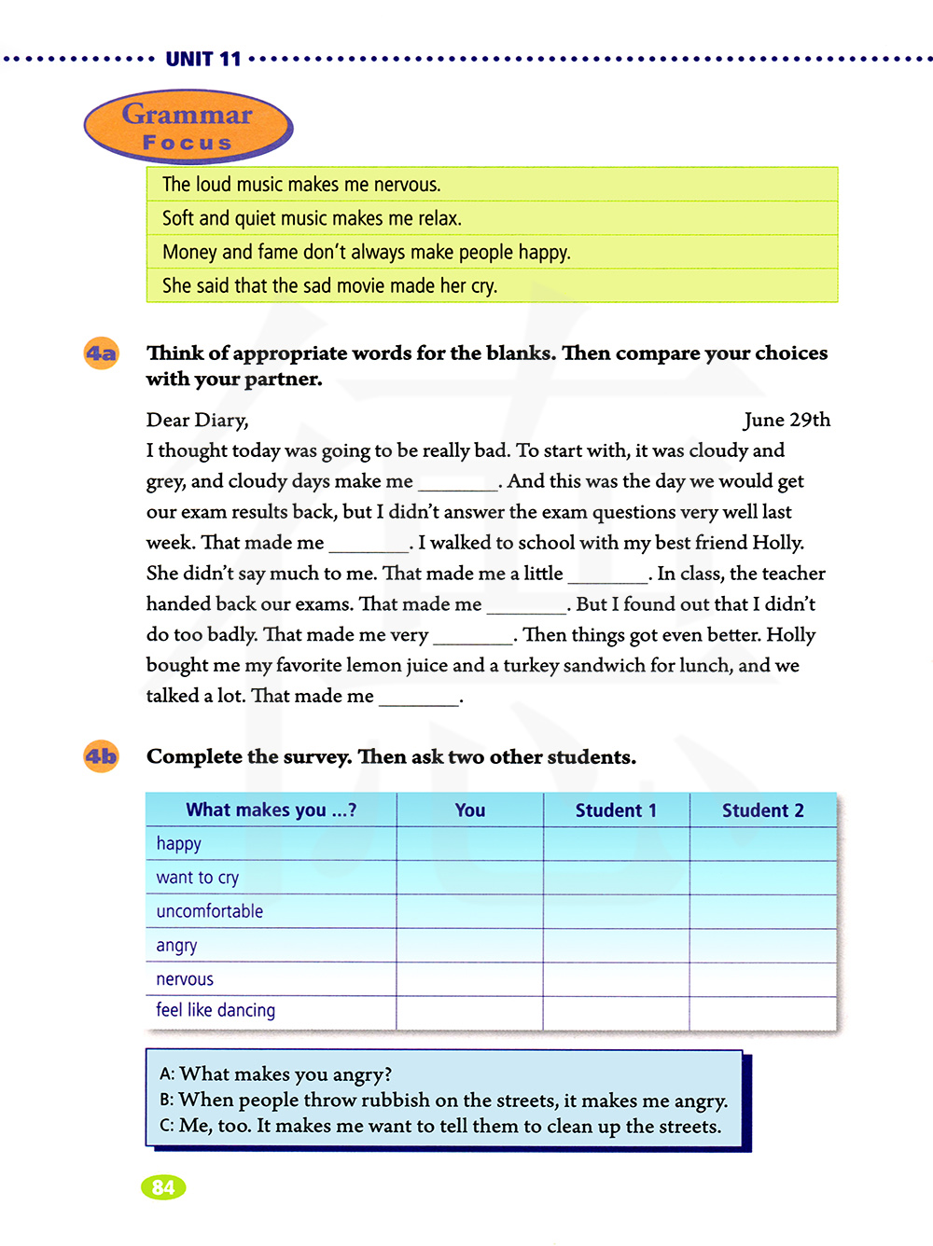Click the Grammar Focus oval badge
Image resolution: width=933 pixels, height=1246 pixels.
point(188,127)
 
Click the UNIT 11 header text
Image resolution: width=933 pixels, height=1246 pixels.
point(203,60)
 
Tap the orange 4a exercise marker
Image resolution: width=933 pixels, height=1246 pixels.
point(102,353)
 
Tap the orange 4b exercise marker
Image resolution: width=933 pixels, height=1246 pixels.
point(102,756)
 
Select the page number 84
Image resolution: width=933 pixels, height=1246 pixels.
point(163,1187)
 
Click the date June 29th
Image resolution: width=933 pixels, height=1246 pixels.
point(787,420)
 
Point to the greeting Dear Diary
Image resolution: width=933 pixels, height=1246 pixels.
point(197,420)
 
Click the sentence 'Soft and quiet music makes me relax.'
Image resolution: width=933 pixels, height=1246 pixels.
point(312,218)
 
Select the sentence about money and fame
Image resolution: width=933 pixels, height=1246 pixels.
point(366,252)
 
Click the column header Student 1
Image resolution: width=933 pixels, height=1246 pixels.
point(616,810)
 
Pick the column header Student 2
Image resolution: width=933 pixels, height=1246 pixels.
point(762,810)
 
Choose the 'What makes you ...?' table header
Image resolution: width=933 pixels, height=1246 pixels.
point(271,810)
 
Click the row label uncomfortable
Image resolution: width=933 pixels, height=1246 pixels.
point(210,911)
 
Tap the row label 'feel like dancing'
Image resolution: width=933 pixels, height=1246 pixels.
point(216,1010)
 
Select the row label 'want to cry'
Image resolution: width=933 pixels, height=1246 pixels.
point(198,878)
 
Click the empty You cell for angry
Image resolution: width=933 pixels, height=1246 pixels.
point(469,946)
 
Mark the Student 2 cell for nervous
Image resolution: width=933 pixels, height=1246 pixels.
point(762,979)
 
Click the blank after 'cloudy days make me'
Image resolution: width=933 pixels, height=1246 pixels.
point(457,483)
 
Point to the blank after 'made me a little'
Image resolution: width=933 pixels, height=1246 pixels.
point(607,575)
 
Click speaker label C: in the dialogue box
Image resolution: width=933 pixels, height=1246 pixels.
point(167,1126)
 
